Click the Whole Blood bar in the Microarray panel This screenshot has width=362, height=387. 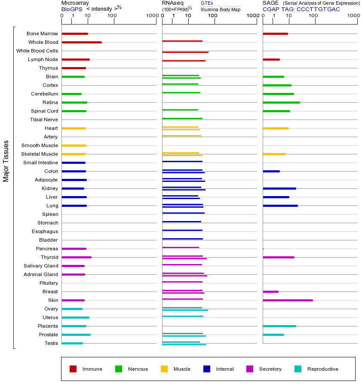pos(82,42)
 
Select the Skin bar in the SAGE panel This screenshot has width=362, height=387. pos(288,300)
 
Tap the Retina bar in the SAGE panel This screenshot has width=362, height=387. pos(281,102)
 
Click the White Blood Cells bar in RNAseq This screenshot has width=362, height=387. pos(185,52)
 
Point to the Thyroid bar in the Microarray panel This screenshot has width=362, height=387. pos(77,257)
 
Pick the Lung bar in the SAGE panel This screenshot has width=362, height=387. pos(280,206)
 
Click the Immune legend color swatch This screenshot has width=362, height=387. pos(73,369)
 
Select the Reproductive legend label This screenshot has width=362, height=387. pos(322,369)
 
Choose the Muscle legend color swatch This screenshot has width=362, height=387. pos(164,369)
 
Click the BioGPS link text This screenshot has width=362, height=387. pos(72,9)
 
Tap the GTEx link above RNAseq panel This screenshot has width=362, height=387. pos(207,3)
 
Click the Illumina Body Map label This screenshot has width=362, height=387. pos(221,9)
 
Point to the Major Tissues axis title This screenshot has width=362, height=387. pos(6,161)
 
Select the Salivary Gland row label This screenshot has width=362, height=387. pos(41,266)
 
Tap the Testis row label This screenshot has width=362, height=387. pos(51,343)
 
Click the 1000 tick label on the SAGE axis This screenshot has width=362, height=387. pos(353,16)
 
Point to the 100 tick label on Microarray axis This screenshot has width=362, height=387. pos(112,16)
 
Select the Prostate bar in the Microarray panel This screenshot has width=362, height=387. pos(76,335)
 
